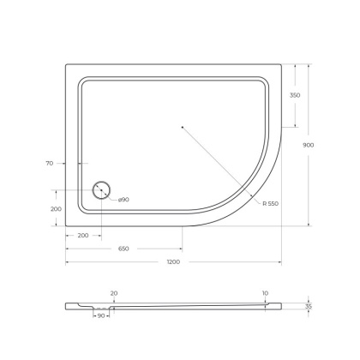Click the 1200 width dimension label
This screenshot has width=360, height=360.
(174, 261)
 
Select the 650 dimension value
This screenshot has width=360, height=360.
(123, 249)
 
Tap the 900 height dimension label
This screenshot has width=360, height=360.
(308, 145)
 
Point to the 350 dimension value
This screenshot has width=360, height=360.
(294, 95)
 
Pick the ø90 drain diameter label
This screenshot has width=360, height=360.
(123, 200)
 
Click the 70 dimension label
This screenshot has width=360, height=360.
(51, 163)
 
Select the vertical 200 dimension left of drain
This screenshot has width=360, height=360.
(56, 208)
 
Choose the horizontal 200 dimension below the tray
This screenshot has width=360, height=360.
(83, 234)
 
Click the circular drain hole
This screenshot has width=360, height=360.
(101, 191)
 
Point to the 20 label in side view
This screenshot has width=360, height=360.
(114, 293)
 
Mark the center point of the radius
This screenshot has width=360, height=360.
(183, 127)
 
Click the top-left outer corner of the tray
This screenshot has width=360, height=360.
(66, 63)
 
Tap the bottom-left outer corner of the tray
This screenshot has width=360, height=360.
(66, 225)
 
